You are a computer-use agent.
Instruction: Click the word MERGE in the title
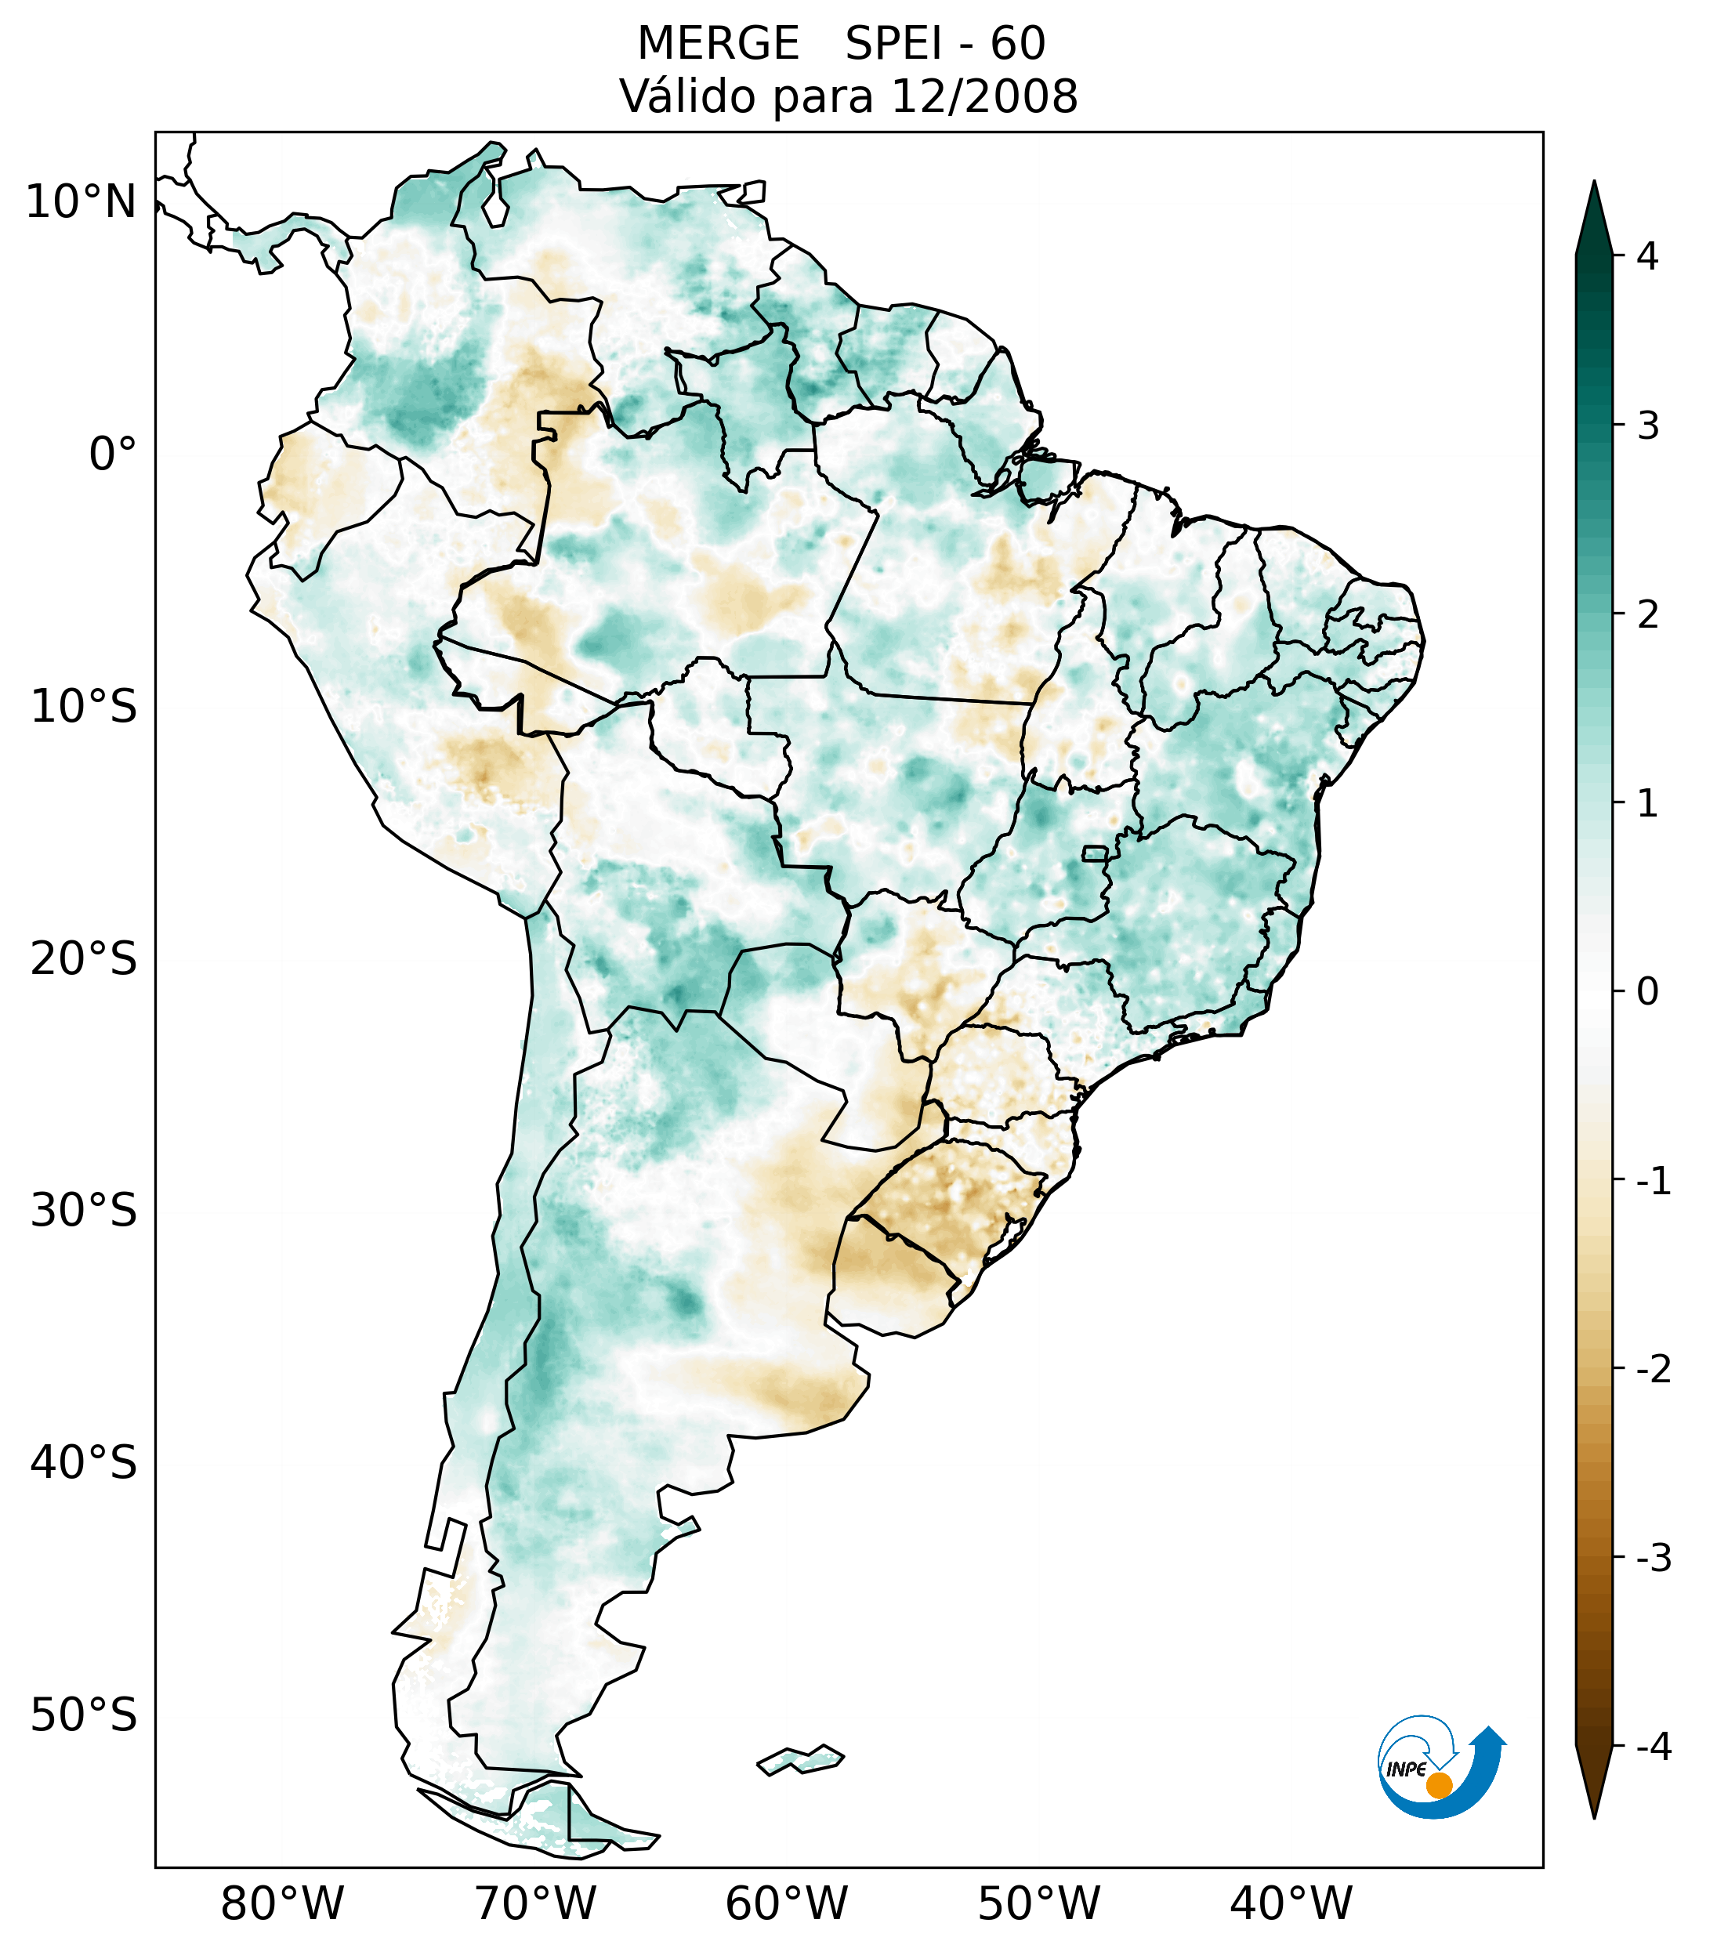[x=717, y=44]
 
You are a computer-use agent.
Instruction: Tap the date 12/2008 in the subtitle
[x=983, y=96]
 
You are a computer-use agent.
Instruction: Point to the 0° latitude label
[x=112, y=455]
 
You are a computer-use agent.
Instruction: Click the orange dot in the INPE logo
[x=1438, y=1785]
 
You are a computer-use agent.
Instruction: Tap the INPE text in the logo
[x=1406, y=1769]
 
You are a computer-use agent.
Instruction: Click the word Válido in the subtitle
[x=686, y=96]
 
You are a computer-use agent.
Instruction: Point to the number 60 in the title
[x=1018, y=44]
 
